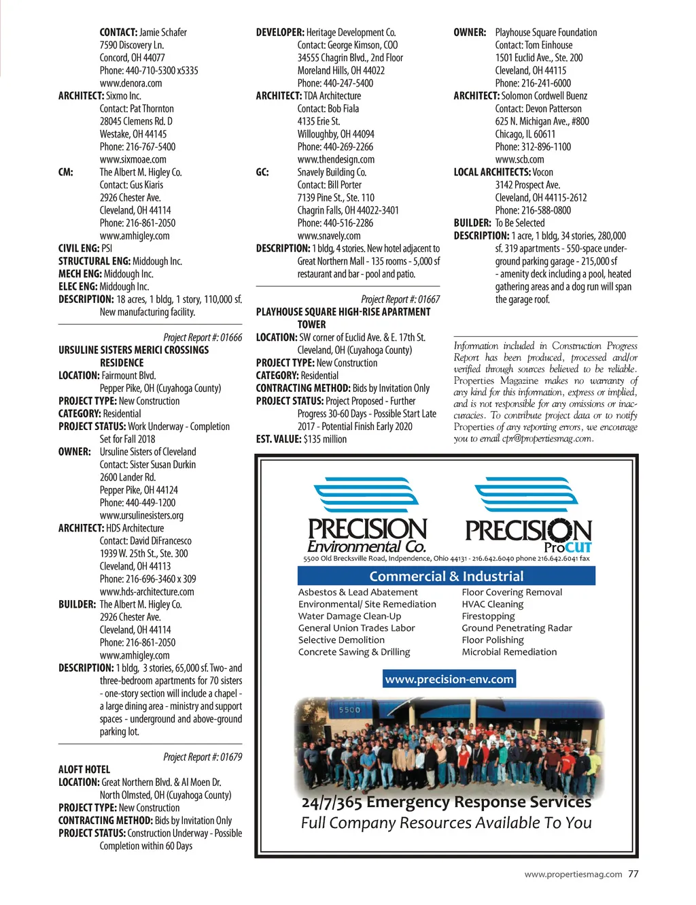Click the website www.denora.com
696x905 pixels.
[x=130, y=83]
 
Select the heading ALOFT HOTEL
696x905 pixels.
[x=84, y=770]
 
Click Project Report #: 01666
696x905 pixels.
[x=203, y=338]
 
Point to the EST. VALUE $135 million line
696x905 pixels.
[x=301, y=439]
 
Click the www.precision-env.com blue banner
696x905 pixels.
[x=449, y=679]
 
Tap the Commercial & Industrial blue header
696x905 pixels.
[x=446, y=576]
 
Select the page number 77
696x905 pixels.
[x=633, y=874]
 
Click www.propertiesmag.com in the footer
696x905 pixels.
[x=572, y=874]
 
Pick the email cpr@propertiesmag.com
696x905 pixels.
[x=547, y=439]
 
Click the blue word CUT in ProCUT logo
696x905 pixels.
[x=578, y=548]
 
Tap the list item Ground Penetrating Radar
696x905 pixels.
[x=517, y=628]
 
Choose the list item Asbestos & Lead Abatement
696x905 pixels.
[x=358, y=592]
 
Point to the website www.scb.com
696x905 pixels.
[x=519, y=159]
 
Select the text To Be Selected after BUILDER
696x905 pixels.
[x=519, y=223]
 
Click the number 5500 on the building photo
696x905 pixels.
[x=349, y=710]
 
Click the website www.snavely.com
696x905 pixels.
[x=329, y=235]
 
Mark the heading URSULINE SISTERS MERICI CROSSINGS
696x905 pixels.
[x=133, y=350]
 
